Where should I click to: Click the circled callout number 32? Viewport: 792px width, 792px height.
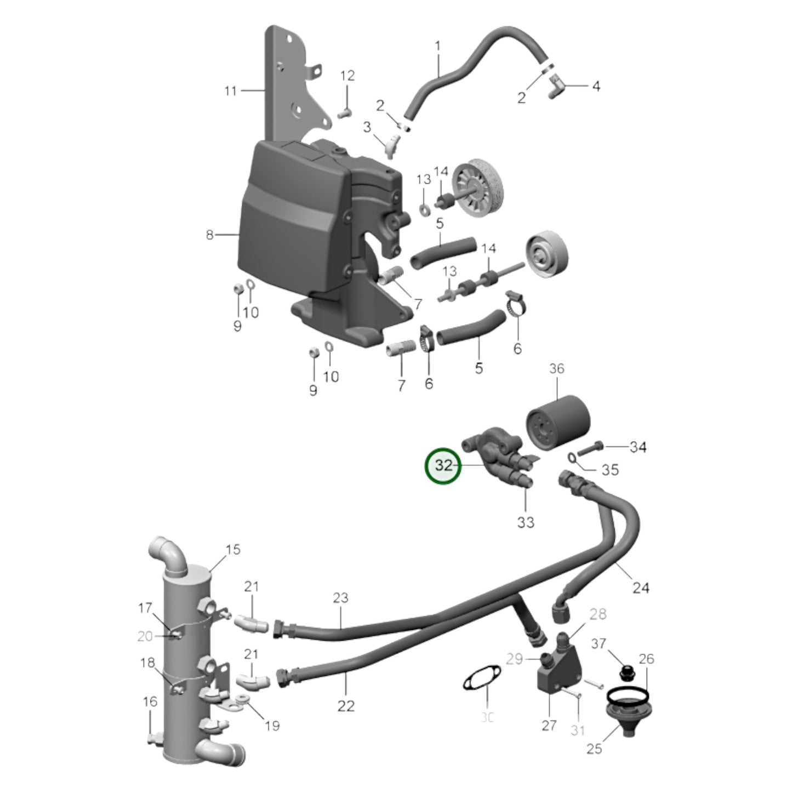point(444,466)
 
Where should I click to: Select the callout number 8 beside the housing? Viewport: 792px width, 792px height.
point(209,235)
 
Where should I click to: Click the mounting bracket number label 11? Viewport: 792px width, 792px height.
point(230,91)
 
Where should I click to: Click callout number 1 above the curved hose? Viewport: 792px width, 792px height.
point(437,47)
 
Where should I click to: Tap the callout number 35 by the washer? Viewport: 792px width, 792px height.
point(611,470)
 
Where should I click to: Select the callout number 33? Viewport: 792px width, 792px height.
point(525,522)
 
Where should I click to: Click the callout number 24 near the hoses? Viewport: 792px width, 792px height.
point(641,588)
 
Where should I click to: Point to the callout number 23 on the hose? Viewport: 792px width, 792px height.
point(340,597)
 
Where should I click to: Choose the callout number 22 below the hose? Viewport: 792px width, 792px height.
point(346,706)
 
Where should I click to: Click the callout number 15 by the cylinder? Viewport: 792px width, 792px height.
point(233,549)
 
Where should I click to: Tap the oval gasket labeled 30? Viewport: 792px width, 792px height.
point(481,683)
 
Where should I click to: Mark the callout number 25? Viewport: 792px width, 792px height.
point(594,748)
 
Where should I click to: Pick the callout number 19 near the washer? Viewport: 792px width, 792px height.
point(272,726)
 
